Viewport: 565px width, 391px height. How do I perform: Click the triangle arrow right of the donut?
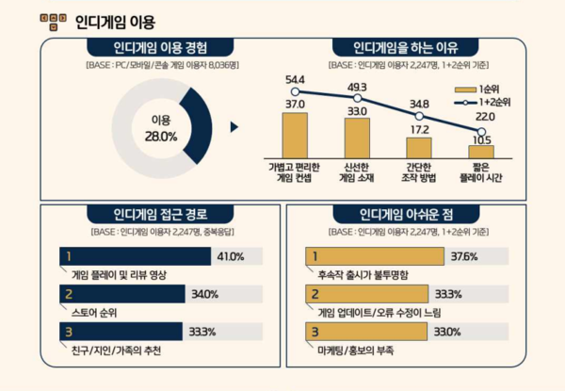[x=234, y=124]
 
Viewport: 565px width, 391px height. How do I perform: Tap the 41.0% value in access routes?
[x=230, y=256]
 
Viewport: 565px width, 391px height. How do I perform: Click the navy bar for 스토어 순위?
[x=121, y=294]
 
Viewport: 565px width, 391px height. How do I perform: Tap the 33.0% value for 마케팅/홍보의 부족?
[x=446, y=332]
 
